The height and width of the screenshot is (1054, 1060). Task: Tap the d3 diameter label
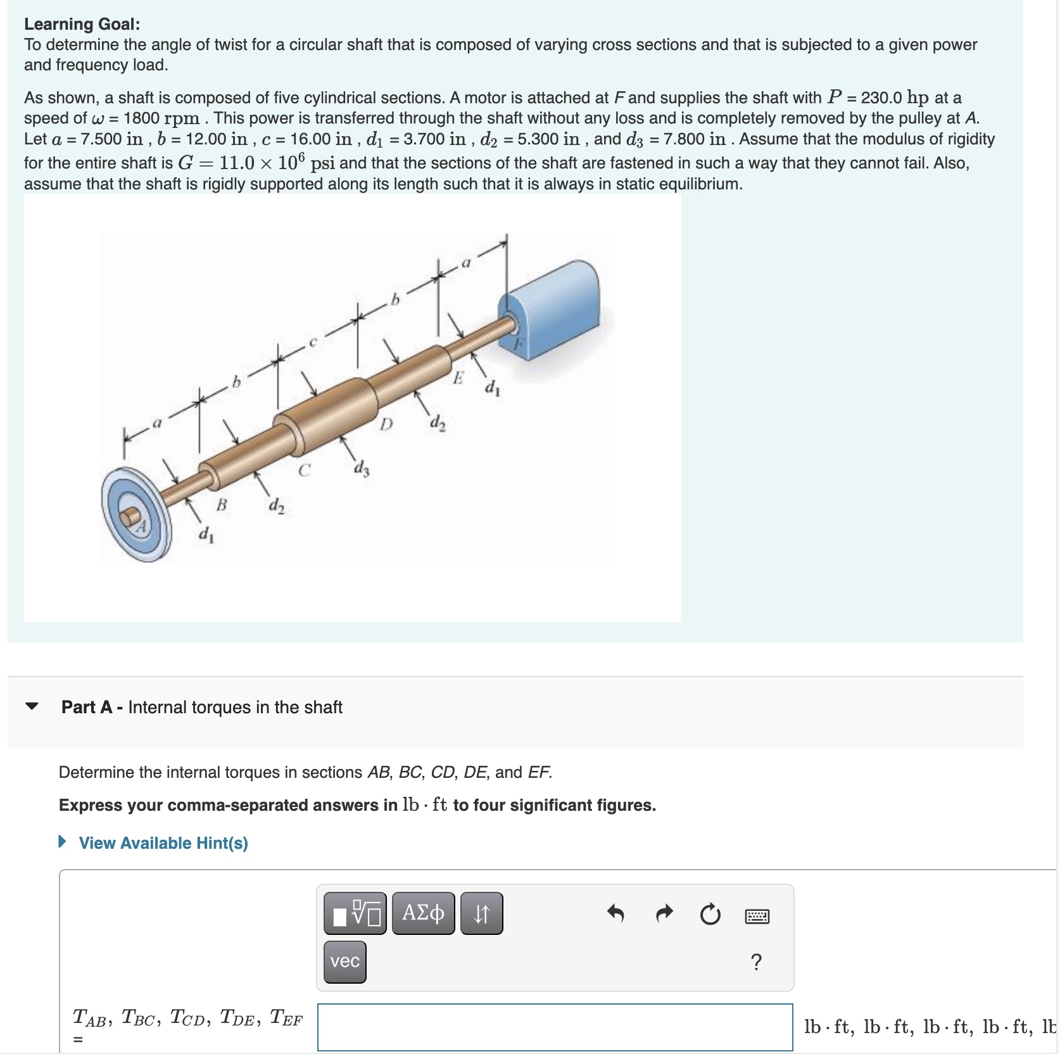point(362,469)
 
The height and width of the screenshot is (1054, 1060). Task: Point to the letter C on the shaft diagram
point(305,470)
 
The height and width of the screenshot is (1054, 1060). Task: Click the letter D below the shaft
point(386,423)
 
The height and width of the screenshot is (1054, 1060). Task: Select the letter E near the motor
point(458,378)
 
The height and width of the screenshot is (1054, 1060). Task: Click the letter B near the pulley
point(222,505)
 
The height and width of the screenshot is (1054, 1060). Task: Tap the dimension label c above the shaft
point(312,343)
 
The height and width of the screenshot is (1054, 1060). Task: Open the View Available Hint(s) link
point(163,843)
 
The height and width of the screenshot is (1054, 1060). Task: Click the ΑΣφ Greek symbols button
point(423,913)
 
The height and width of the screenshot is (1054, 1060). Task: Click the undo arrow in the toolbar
point(615,913)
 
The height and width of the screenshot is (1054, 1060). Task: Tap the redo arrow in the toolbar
point(664,913)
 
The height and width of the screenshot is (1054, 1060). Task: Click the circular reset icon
point(710,914)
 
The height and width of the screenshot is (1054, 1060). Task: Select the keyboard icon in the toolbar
point(757,916)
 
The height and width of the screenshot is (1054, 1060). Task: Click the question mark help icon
point(755,962)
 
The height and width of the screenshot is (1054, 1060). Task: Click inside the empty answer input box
point(555,1026)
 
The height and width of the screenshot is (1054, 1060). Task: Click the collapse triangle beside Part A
point(32,706)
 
